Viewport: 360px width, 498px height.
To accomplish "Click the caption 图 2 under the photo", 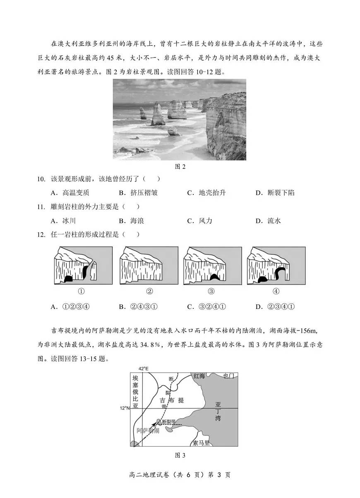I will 180,167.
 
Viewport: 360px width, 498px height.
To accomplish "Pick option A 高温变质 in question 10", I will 70,193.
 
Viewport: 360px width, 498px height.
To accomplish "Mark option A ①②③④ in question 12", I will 70,306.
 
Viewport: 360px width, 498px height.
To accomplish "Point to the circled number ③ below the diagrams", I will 211,291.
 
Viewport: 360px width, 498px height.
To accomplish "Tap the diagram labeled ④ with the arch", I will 276,266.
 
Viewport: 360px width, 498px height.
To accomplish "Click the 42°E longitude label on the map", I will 143,369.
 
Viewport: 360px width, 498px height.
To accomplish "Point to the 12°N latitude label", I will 125,408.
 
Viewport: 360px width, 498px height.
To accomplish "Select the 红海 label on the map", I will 199,376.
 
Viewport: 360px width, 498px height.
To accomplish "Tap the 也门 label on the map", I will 228,376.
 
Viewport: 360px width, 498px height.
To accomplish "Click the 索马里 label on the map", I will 202,443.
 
